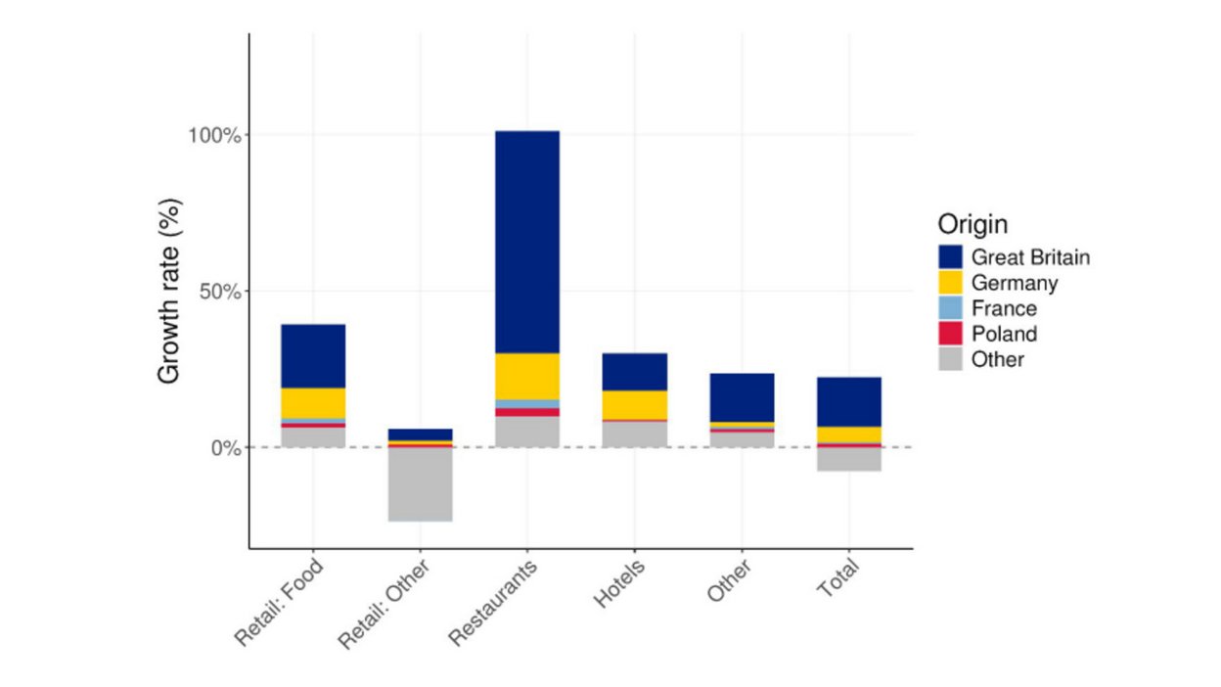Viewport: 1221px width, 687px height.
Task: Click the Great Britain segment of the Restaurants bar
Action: click(x=527, y=242)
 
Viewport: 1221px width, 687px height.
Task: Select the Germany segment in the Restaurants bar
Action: click(x=527, y=376)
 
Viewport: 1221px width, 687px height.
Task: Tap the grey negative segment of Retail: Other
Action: click(x=420, y=483)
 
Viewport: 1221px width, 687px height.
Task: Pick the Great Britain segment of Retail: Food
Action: click(x=313, y=356)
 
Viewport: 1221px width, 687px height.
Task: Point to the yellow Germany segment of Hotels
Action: click(x=634, y=404)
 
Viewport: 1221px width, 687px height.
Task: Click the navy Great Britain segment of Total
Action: click(x=849, y=401)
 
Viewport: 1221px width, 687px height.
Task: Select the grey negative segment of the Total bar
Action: click(x=849, y=459)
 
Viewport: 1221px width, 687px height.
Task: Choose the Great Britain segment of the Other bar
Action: click(x=742, y=397)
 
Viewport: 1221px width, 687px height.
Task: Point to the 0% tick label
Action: click(x=224, y=448)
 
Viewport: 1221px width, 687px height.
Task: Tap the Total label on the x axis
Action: click(x=837, y=580)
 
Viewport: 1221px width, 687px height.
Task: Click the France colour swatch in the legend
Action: click(x=950, y=308)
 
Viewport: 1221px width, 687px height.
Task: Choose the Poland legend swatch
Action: click(x=950, y=334)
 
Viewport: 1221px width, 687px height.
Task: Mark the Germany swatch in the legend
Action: click(x=950, y=283)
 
